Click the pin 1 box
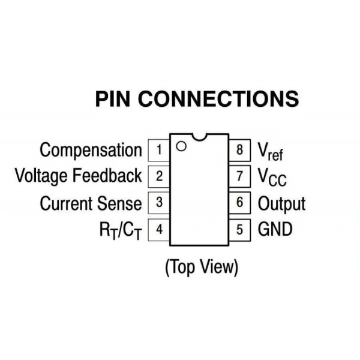tap(159, 150)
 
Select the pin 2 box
tap(159, 176)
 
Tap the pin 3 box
tap(159, 203)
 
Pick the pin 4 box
tap(159, 230)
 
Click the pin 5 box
tap(239, 230)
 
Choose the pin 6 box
tap(239, 203)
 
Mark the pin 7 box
tap(239, 176)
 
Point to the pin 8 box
tap(239, 150)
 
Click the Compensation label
tap(91, 151)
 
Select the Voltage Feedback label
tap(79, 176)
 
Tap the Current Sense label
tap(91, 203)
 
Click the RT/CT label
tap(121, 230)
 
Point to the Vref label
tap(271, 152)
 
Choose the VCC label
tap(272, 177)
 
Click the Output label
tap(282, 204)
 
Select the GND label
tap(275, 229)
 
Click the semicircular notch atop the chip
tap(199, 139)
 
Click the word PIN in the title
tap(113, 99)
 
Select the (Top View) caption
tap(202, 267)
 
